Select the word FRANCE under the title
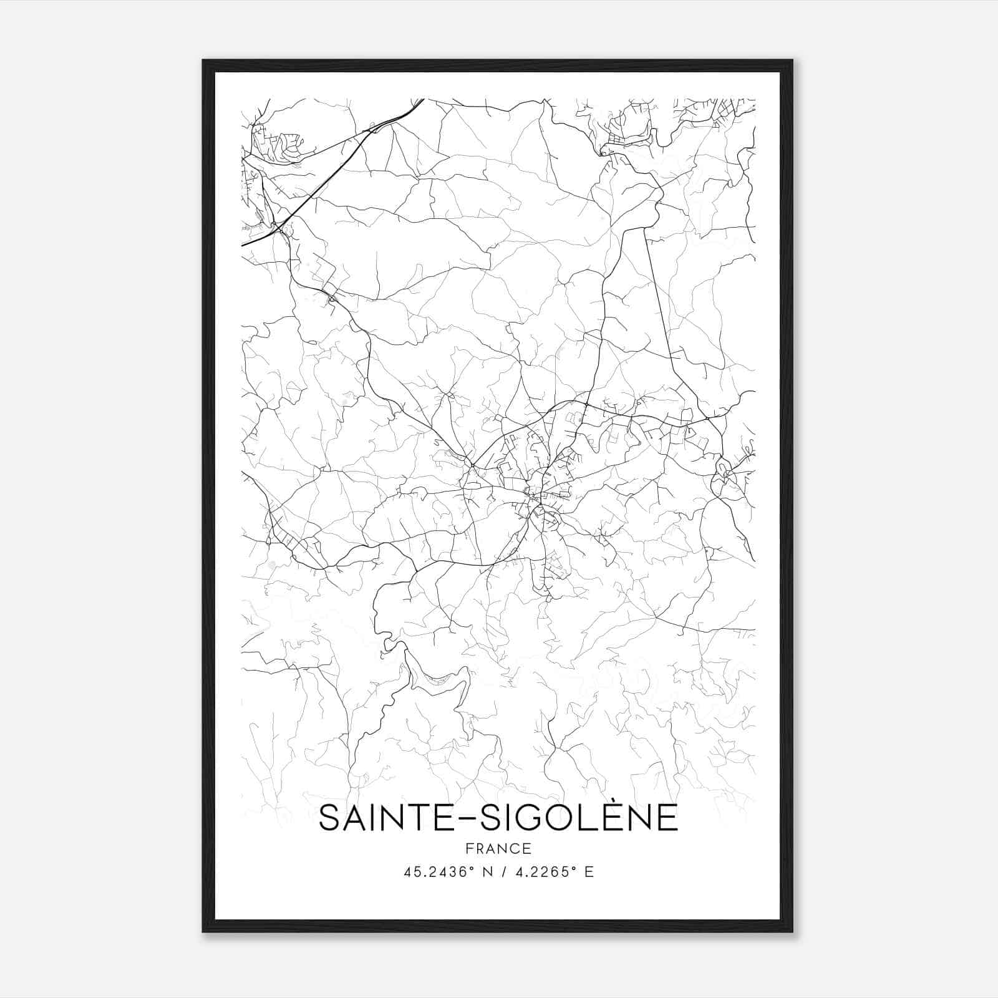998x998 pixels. [498, 848]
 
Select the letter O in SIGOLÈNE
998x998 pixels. [564, 818]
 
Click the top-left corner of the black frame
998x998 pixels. [203, 61]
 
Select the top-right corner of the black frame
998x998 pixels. [792, 61]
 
